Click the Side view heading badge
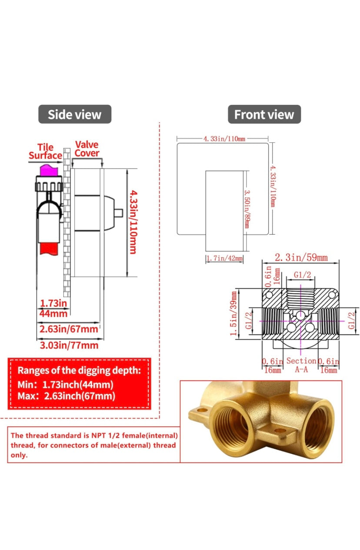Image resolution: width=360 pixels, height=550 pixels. (x=74, y=114)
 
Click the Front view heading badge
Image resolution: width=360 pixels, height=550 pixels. (x=264, y=114)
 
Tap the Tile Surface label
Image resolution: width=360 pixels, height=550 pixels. (x=45, y=151)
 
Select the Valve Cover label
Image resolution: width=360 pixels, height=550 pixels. (x=87, y=148)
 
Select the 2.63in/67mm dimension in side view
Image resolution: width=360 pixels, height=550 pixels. (x=69, y=329)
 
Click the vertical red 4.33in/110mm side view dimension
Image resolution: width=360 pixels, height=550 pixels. (x=133, y=222)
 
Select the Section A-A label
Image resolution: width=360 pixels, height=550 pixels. (x=301, y=365)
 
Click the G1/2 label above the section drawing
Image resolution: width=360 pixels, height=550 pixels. (x=302, y=275)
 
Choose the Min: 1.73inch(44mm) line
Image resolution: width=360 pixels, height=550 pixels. (x=65, y=385)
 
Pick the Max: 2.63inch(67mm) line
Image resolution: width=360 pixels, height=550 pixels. (x=66, y=396)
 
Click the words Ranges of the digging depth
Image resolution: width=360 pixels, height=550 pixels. (x=79, y=371)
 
